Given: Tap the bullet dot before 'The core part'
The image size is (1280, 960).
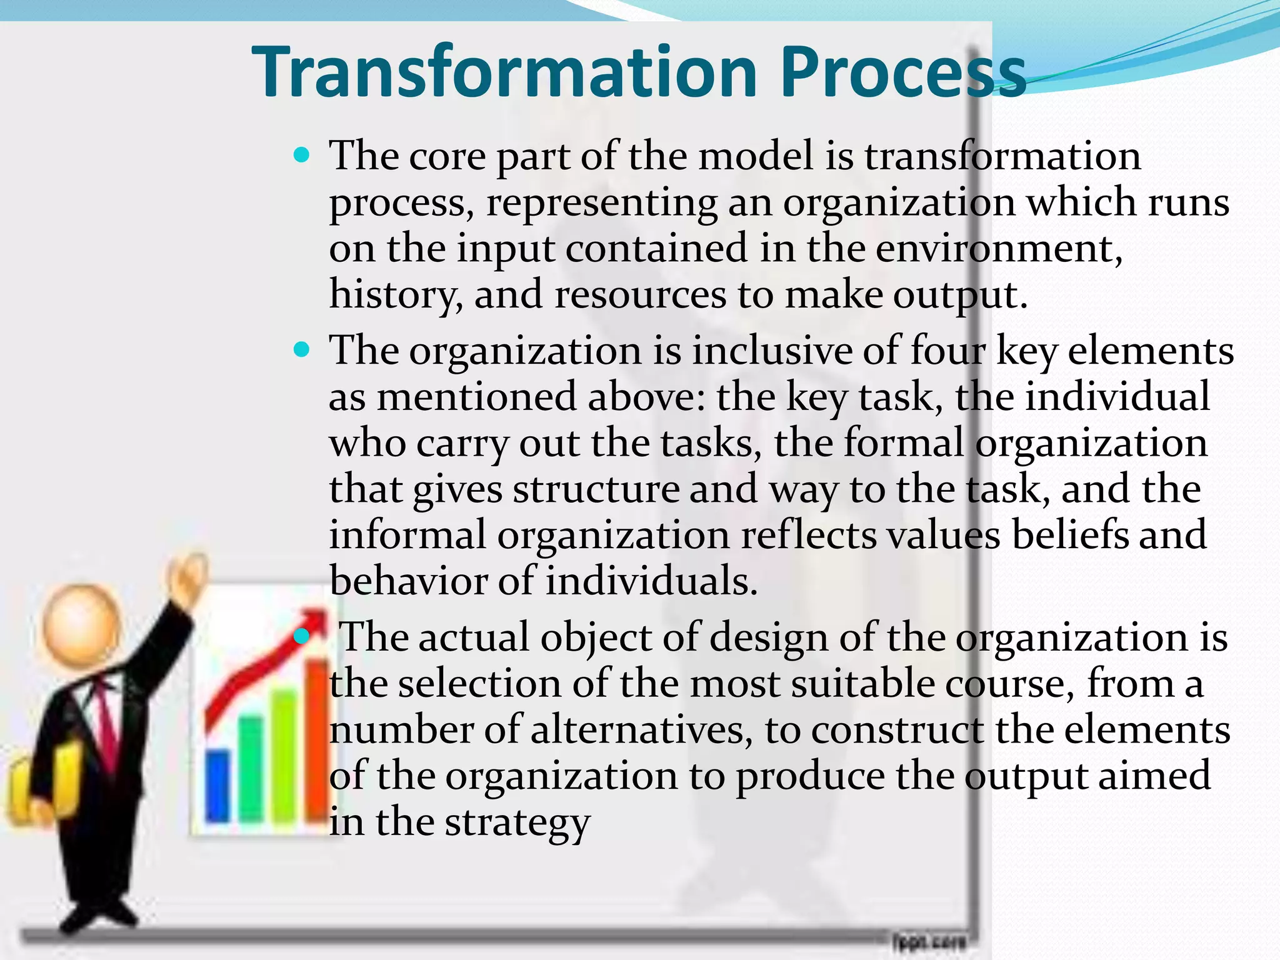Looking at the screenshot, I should (301, 155).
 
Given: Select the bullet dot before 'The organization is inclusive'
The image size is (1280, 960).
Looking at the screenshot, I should (301, 350).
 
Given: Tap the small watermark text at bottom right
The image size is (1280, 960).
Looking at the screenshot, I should (929, 941).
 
